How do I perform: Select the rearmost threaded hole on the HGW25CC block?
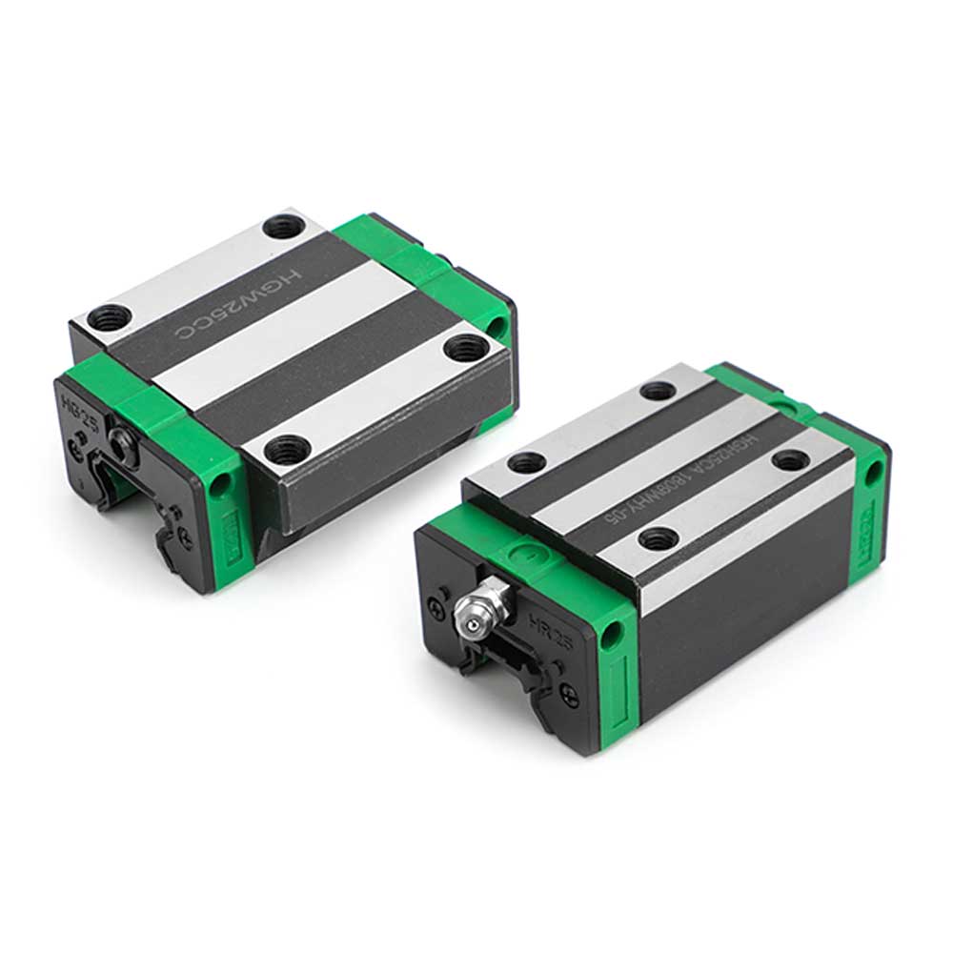click(x=281, y=227)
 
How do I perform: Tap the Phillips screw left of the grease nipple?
click(x=440, y=603)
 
